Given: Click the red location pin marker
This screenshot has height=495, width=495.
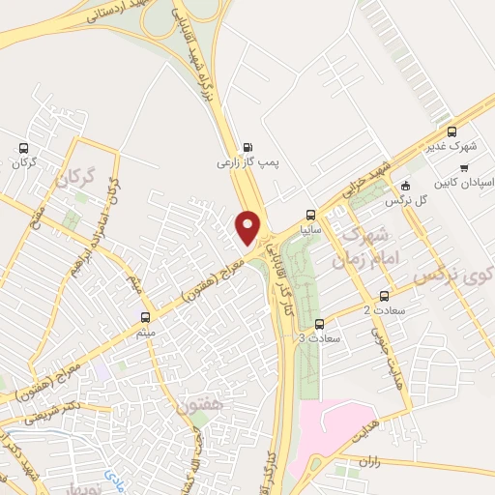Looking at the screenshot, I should pyautogui.click(x=249, y=228).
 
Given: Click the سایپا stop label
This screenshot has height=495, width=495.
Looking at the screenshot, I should pyautogui.click(x=309, y=231).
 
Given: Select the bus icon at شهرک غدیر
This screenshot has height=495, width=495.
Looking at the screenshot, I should pyautogui.click(x=451, y=131).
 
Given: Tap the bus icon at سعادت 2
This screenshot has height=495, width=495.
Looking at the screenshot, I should pyautogui.click(x=385, y=295).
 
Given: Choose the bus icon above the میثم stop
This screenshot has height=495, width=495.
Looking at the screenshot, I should pyautogui.click(x=146, y=316).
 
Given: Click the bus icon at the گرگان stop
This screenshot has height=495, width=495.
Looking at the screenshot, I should pyautogui.click(x=24, y=148).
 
